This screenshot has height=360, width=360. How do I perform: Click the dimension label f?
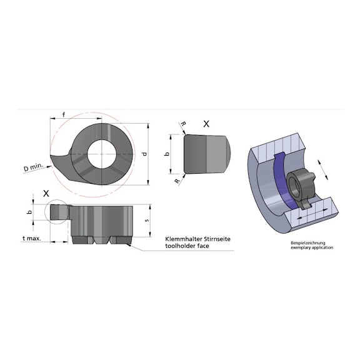(x=64, y=114)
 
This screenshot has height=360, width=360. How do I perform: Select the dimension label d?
(x=144, y=154)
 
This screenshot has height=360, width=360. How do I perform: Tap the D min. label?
(x=34, y=167)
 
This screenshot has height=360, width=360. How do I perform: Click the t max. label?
(x=32, y=238)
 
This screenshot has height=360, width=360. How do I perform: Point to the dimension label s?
(x=147, y=221)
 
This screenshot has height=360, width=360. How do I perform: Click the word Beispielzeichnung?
(x=308, y=243)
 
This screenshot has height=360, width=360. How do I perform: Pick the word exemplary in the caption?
(x=299, y=247)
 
